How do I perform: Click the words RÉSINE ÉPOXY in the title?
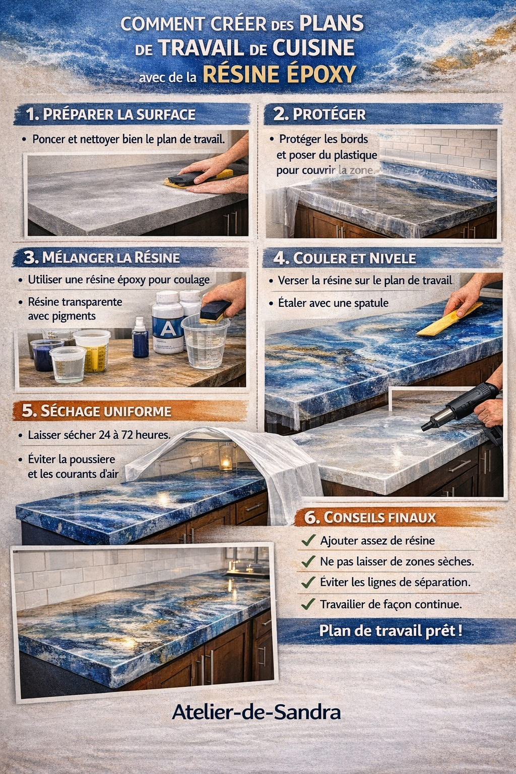point(279,74)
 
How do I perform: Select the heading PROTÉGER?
point(329,115)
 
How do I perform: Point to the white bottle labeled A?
point(167,322)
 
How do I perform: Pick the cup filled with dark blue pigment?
point(46,355)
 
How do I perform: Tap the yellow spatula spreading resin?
point(449,319)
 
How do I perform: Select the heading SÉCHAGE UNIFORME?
point(106,411)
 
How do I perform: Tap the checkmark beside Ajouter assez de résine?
point(308,540)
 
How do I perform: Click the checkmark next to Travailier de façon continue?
point(308,604)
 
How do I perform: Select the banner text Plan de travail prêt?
point(391,630)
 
